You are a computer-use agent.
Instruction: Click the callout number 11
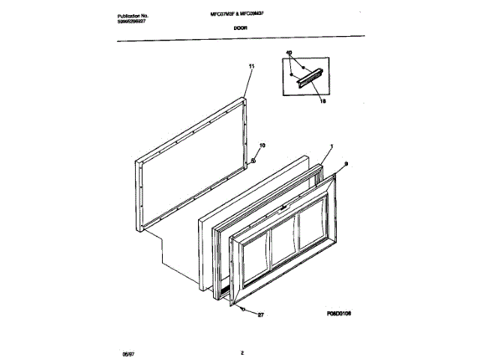(251, 67)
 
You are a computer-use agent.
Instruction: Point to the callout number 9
(346, 163)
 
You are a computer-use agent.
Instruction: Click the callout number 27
(260, 316)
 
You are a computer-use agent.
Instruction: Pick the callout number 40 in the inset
(289, 53)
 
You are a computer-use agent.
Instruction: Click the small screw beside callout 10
(253, 159)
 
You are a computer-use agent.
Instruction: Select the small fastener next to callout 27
(244, 309)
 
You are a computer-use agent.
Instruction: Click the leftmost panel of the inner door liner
(256, 256)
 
